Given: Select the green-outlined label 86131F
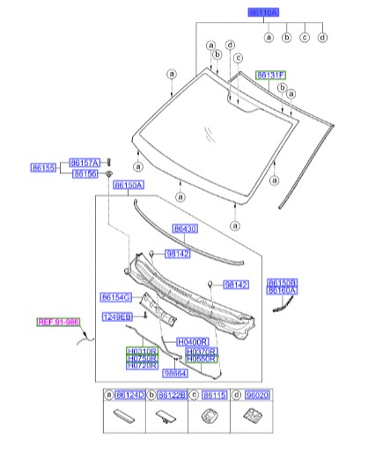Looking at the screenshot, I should click(269, 76).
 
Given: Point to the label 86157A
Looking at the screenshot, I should click(85, 163).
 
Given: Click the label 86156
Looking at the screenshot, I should click(85, 174).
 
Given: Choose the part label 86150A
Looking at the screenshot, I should click(129, 185).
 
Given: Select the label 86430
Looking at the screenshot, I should click(187, 229).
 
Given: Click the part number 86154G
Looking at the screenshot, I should click(115, 296).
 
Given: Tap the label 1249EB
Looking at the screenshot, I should click(115, 316).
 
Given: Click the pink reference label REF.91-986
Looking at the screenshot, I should click(57, 322).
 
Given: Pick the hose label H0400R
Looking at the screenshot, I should click(192, 341).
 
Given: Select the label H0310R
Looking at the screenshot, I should click(142, 350).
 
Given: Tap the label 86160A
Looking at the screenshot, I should click(283, 289).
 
